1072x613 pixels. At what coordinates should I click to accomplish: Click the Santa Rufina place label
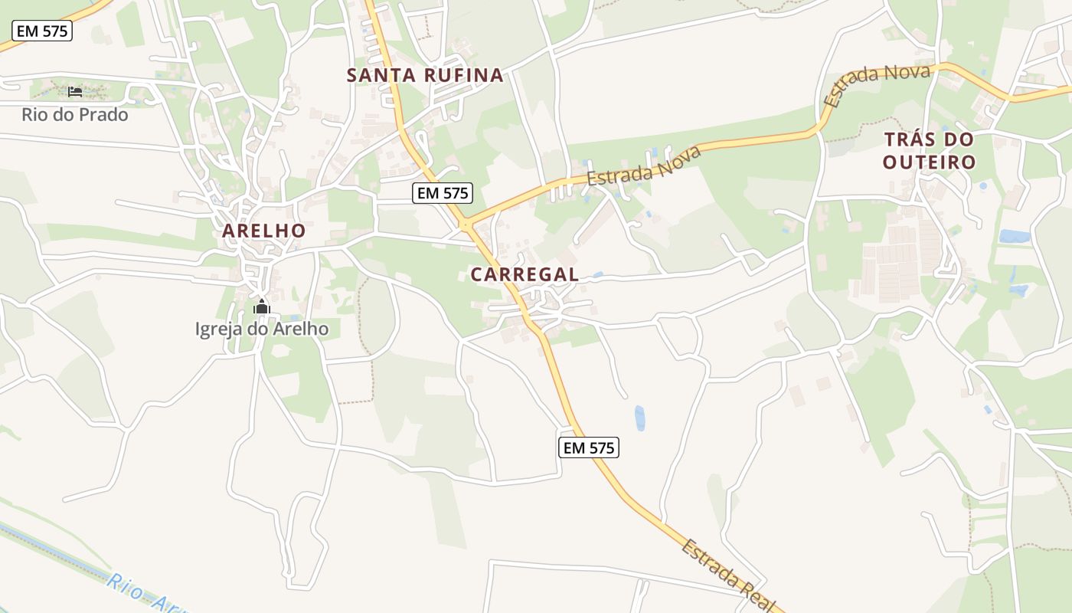[x=425, y=75]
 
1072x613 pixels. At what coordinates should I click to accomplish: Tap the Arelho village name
[x=264, y=231]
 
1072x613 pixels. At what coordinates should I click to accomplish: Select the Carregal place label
[x=525, y=274]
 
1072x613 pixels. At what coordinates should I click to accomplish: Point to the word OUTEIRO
[x=929, y=162]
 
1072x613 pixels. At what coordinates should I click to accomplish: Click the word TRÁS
[x=907, y=140]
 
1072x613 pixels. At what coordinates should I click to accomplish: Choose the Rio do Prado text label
[x=75, y=116]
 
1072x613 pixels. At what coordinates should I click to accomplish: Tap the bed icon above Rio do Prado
[x=75, y=92]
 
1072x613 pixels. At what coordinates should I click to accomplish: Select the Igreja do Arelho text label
[x=262, y=329]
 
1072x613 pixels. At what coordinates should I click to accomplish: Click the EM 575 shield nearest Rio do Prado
[x=42, y=31]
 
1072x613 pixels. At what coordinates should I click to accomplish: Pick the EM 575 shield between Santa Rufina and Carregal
[x=442, y=193]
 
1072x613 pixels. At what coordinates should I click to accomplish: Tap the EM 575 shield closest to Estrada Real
[x=588, y=448]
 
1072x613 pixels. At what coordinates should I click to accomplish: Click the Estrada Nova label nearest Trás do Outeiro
[x=877, y=84]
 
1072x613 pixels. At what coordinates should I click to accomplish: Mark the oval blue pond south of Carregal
[x=639, y=418]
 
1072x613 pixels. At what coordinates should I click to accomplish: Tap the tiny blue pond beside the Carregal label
[x=597, y=274]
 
